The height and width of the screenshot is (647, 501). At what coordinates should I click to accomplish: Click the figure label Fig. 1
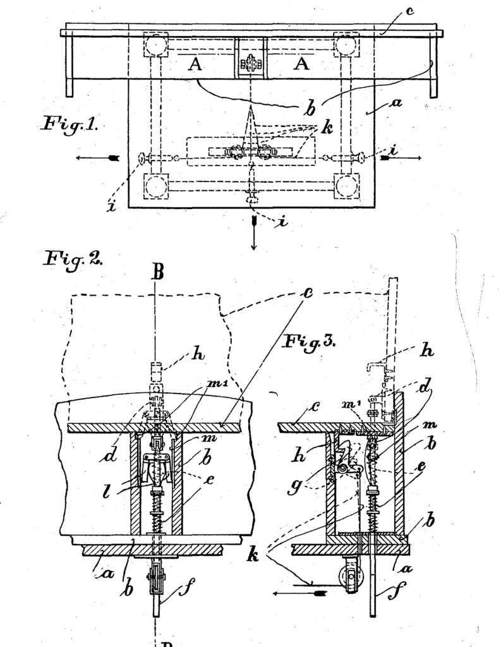(x=70, y=124)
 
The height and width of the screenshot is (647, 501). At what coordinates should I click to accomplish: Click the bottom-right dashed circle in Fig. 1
(x=346, y=186)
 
